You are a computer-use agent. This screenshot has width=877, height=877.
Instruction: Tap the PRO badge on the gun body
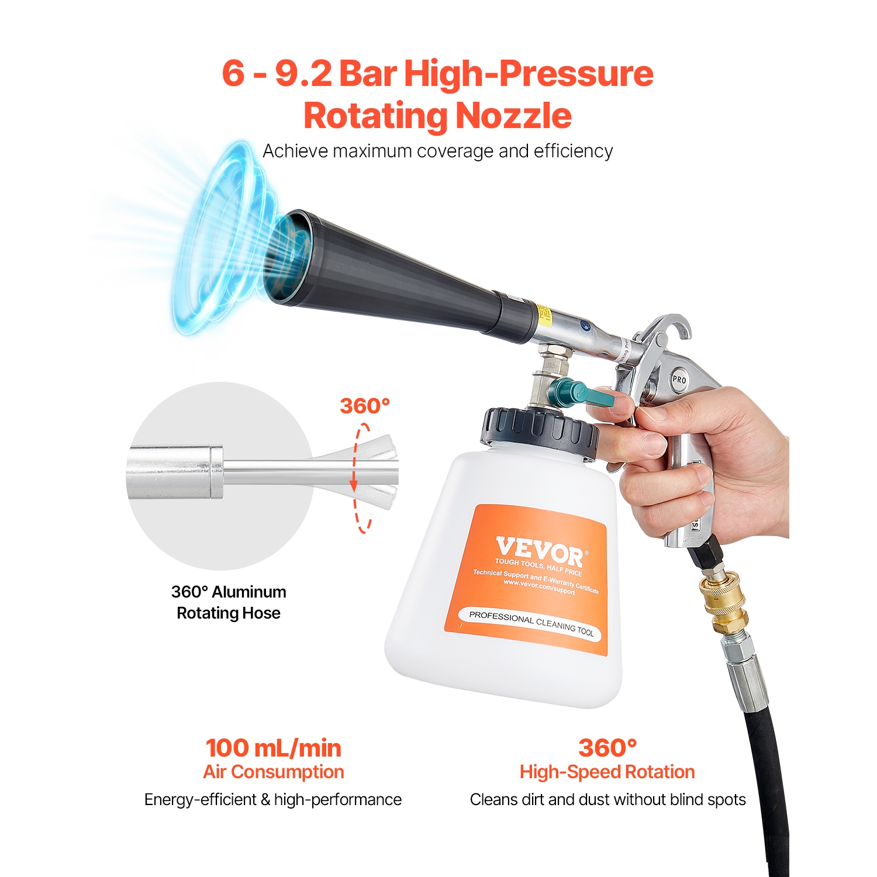tap(679, 379)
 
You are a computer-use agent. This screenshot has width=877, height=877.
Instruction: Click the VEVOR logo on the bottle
tap(539, 551)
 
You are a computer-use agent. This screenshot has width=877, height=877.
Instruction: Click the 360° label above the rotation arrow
tap(365, 406)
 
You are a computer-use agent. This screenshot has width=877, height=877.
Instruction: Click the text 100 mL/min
tap(273, 748)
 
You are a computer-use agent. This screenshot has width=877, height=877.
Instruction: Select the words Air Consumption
tap(273, 772)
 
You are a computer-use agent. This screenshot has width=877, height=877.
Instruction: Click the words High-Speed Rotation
tap(607, 772)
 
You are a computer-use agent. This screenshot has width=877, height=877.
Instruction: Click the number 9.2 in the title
tap(303, 74)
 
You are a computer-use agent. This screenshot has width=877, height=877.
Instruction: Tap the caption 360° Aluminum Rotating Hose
tap(229, 602)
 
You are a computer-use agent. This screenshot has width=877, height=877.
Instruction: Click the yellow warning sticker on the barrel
tap(544, 314)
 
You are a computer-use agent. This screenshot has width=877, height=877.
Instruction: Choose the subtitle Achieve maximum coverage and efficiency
tap(437, 151)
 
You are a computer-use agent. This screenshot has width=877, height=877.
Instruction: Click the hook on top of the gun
tap(675, 324)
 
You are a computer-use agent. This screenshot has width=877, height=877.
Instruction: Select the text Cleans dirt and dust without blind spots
tap(607, 799)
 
